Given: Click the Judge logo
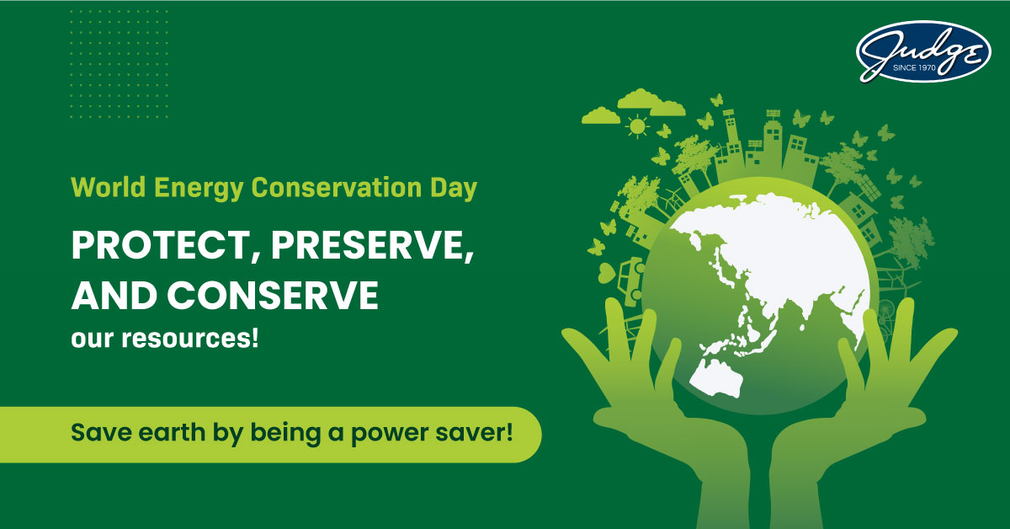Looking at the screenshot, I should (x=922, y=51).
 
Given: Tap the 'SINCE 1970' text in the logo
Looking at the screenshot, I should (x=925, y=70).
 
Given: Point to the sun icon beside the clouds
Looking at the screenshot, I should (x=638, y=127).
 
